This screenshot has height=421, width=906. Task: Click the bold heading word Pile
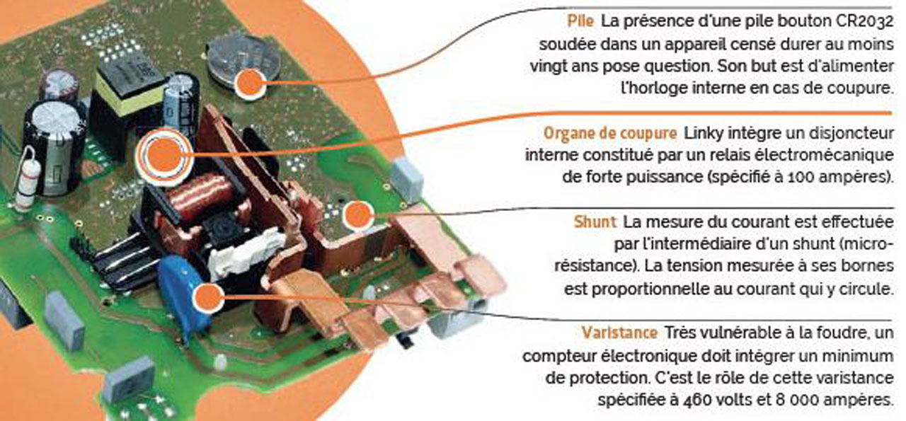click(x=581, y=21)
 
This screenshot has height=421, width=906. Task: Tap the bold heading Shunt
click(x=594, y=222)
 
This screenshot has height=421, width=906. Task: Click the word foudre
click(x=818, y=333)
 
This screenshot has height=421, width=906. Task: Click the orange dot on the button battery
click(x=251, y=83)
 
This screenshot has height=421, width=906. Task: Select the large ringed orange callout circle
click(x=163, y=154)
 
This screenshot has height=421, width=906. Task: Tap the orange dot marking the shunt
click(x=357, y=215)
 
